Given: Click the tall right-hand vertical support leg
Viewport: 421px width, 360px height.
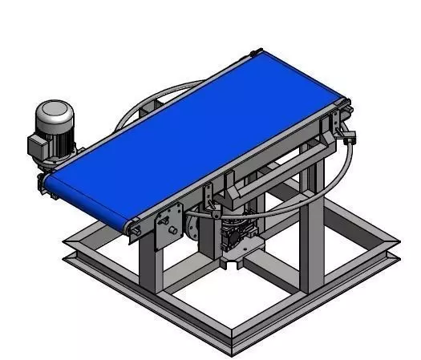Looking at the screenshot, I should [x=312, y=241].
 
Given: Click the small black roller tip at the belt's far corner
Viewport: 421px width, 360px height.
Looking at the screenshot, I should [x=256, y=53].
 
